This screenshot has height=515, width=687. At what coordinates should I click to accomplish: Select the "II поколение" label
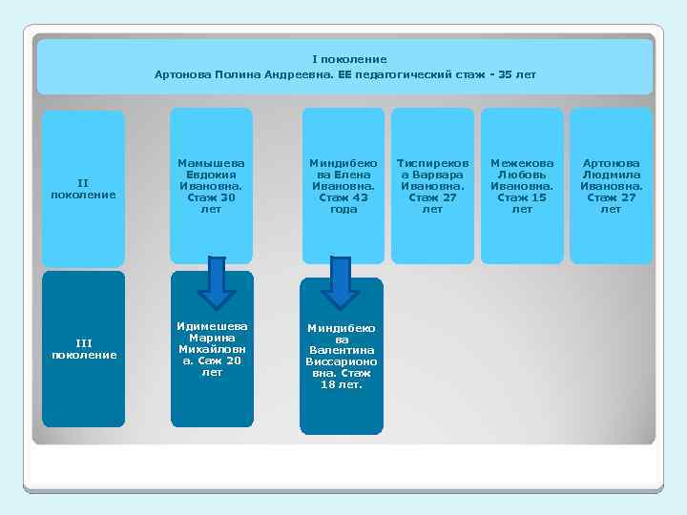(x=83, y=188)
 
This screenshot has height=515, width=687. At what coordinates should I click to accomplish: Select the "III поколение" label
(x=83, y=348)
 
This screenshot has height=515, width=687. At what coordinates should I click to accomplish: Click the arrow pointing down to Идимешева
(x=217, y=282)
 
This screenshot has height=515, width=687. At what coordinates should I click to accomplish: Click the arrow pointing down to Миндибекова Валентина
(x=340, y=283)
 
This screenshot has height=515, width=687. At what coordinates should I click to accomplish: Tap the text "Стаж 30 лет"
(x=211, y=203)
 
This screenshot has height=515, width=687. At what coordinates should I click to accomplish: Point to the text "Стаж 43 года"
(x=343, y=203)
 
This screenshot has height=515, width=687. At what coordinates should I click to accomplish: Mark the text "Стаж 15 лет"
(x=522, y=203)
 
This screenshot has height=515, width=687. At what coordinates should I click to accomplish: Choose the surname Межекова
(x=522, y=163)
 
